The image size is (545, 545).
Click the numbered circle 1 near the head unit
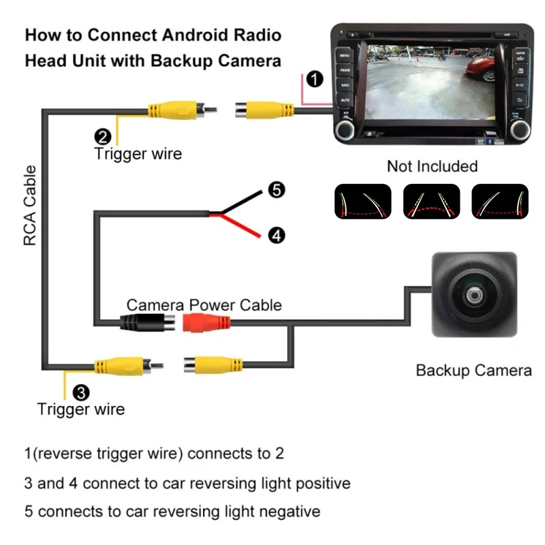(314, 79)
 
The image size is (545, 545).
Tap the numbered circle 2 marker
(102, 136)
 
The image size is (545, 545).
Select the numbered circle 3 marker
(80, 392)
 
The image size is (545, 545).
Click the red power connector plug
(207, 322)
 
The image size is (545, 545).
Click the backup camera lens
(473, 296)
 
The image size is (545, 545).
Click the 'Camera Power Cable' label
(204, 305)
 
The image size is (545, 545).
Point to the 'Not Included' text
(432, 166)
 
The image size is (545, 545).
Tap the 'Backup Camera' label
(473, 371)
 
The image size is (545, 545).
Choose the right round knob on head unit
(521, 127)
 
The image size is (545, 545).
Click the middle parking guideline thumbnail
(431, 202)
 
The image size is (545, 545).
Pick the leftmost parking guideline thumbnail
(362, 202)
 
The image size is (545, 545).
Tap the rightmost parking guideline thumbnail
(499, 202)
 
